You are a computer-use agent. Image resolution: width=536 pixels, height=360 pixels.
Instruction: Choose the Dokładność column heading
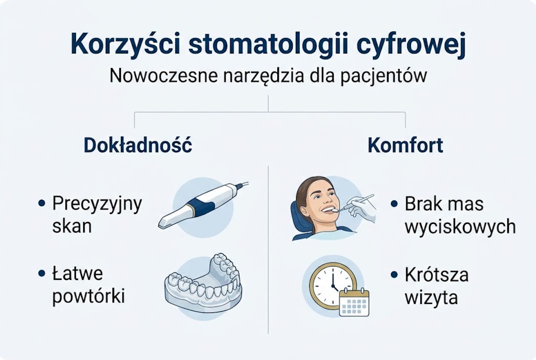point(138,145)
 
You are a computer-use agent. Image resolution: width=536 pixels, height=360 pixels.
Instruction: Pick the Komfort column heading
point(405,145)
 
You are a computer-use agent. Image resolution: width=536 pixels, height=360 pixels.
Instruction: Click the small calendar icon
point(354,302)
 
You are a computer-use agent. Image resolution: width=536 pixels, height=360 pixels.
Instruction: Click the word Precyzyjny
point(97,204)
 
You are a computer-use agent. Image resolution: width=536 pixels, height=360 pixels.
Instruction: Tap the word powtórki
point(88,296)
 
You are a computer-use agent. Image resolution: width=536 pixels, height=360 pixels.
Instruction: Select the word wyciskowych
point(460,226)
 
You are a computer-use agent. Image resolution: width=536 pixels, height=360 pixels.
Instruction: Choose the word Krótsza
point(437,275)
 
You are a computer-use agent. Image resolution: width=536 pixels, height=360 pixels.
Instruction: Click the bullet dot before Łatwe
point(42,274)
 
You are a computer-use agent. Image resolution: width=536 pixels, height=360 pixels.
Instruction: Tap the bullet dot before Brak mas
point(395,204)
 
